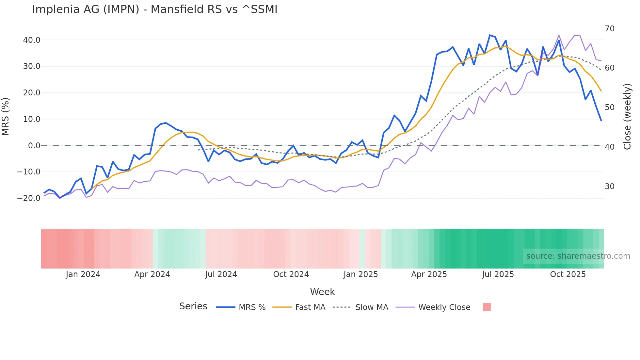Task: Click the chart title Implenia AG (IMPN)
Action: coord(154,9)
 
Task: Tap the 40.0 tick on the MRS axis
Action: coord(32,40)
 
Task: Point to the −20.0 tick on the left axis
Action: coord(29,198)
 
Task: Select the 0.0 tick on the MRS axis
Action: coord(34,145)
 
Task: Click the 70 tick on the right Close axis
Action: coord(609,29)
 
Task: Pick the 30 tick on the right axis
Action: coord(609,187)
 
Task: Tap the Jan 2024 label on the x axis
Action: coord(83,274)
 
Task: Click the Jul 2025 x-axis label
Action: coord(498,274)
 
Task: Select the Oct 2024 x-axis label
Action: coord(291,274)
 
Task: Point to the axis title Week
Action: coord(322,292)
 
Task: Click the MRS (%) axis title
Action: coord(6,116)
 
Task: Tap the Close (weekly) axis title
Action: coord(627,117)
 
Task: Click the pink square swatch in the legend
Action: coord(487,307)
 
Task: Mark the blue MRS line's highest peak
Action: coord(490,35)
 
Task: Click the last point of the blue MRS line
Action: coord(601,121)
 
